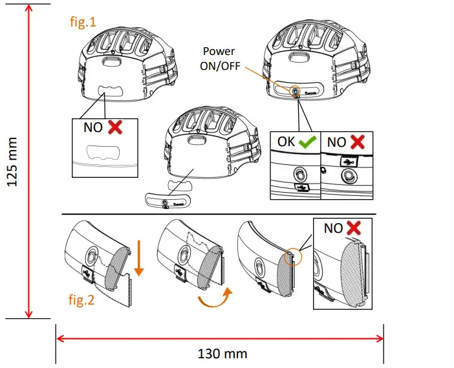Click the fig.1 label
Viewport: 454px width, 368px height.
tap(82, 21)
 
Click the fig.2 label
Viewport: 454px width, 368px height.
tap(82, 300)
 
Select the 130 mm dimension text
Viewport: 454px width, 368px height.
tap(222, 354)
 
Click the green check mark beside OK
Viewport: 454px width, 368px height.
tap(308, 141)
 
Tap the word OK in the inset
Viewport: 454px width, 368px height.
tap(286, 142)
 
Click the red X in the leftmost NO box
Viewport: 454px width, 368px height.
tap(115, 127)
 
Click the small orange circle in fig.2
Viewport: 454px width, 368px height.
tap(292, 257)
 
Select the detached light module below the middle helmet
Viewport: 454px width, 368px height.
tap(167, 200)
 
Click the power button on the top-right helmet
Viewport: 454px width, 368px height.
tap(295, 92)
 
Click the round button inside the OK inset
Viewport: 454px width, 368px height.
tap(300, 173)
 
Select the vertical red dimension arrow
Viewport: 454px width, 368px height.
tap(28, 161)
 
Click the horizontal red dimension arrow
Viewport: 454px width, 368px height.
tap(220, 337)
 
